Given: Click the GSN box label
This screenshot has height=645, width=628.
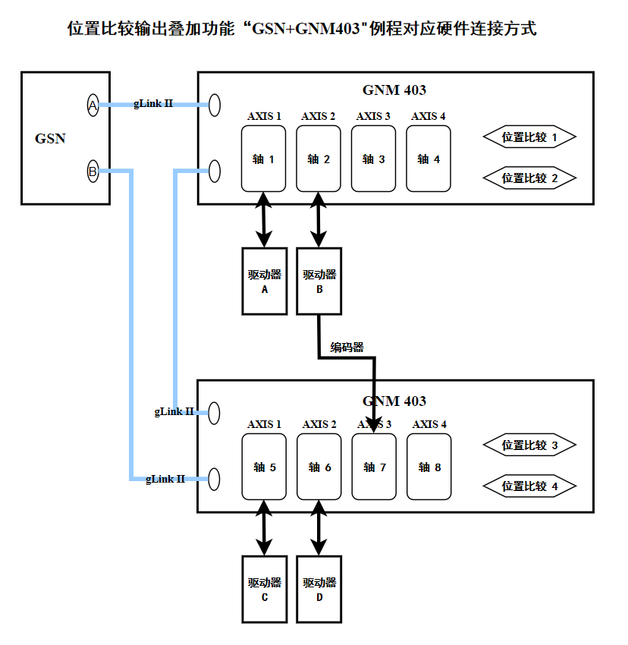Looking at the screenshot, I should (50, 138).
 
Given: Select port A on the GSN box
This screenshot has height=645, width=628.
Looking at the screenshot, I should (93, 105).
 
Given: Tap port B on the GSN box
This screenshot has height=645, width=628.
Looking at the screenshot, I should (93, 171).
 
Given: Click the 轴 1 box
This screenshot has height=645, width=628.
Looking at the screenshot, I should (264, 159).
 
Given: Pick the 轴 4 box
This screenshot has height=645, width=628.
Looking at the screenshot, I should (429, 159).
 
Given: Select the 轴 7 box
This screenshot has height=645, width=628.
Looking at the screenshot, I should (375, 467).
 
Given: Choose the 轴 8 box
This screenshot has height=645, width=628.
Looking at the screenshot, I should (429, 467).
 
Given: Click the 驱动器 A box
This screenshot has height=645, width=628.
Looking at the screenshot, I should (265, 281).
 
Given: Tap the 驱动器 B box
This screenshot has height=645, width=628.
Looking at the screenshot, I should (319, 281).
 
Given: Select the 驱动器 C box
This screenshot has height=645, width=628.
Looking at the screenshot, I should (265, 589).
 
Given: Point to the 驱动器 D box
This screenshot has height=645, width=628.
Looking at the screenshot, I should (319, 589).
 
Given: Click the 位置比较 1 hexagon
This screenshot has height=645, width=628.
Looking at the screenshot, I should (529, 137).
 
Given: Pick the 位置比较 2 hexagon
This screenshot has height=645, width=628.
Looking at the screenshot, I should (529, 178).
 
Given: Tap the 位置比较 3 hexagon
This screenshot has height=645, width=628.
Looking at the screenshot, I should (529, 445).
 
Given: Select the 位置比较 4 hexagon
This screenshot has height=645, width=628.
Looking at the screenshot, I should (529, 486).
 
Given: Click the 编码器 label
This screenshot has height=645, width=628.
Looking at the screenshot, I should (347, 348).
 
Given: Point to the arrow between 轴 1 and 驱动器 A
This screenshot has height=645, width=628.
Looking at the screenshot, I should (264, 219).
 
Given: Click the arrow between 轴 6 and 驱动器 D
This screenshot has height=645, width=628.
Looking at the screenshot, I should (319, 527).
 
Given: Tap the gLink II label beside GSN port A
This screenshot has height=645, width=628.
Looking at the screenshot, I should (153, 102).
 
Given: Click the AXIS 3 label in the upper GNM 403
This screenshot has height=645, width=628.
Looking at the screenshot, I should (373, 116).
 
